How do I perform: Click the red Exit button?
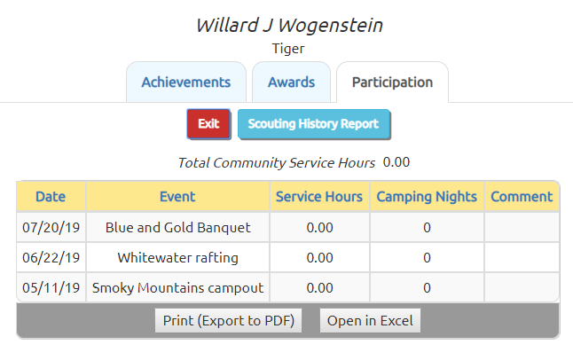208,124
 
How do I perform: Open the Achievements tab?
186,82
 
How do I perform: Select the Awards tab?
291,82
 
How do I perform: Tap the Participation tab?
392,82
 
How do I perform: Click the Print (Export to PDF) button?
228,320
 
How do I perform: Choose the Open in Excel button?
370,320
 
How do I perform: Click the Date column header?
51,197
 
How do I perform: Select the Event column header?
177,197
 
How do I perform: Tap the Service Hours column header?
319,197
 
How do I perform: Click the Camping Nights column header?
427,197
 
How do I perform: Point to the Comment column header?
522,197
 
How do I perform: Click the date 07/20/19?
51,228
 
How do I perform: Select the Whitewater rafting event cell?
177,258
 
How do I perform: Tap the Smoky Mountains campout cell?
177,287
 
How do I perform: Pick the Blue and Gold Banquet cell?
177,228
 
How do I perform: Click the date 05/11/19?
51,287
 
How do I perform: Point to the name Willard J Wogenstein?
289,25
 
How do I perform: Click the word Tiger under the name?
288,49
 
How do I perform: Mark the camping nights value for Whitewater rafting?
427,258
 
